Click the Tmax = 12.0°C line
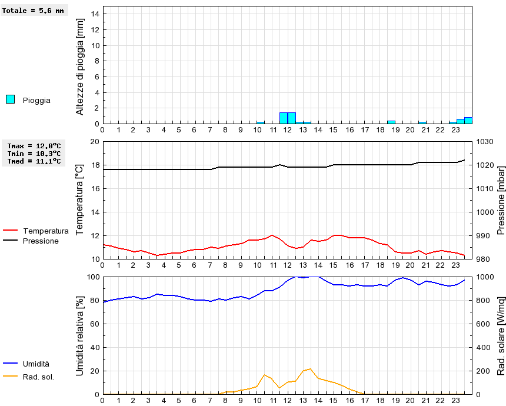pyautogui.click(x=34, y=145)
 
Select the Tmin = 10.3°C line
pyautogui.click(x=34, y=153)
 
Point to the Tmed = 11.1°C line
pyautogui.click(x=34, y=161)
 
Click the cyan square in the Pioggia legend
pyautogui.click(x=10, y=99)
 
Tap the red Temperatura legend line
pyautogui.click(x=11, y=231)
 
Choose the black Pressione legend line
pyautogui.click(x=11, y=241)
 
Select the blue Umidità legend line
pyautogui.click(x=11, y=364)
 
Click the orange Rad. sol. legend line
pyautogui.click(x=11, y=377)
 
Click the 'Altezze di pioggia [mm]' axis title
pyautogui.click(x=81, y=66)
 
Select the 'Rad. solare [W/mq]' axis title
pyautogui.click(x=501, y=335)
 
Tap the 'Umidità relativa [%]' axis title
pyautogui.click(x=81, y=335)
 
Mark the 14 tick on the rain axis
pyautogui.click(x=96, y=14)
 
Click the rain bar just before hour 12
pyautogui.click(x=284, y=118)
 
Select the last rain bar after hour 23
pyautogui.click(x=468, y=120)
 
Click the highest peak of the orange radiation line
pyautogui.click(x=310, y=369)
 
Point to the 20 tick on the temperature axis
pyautogui.click(x=95, y=142)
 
